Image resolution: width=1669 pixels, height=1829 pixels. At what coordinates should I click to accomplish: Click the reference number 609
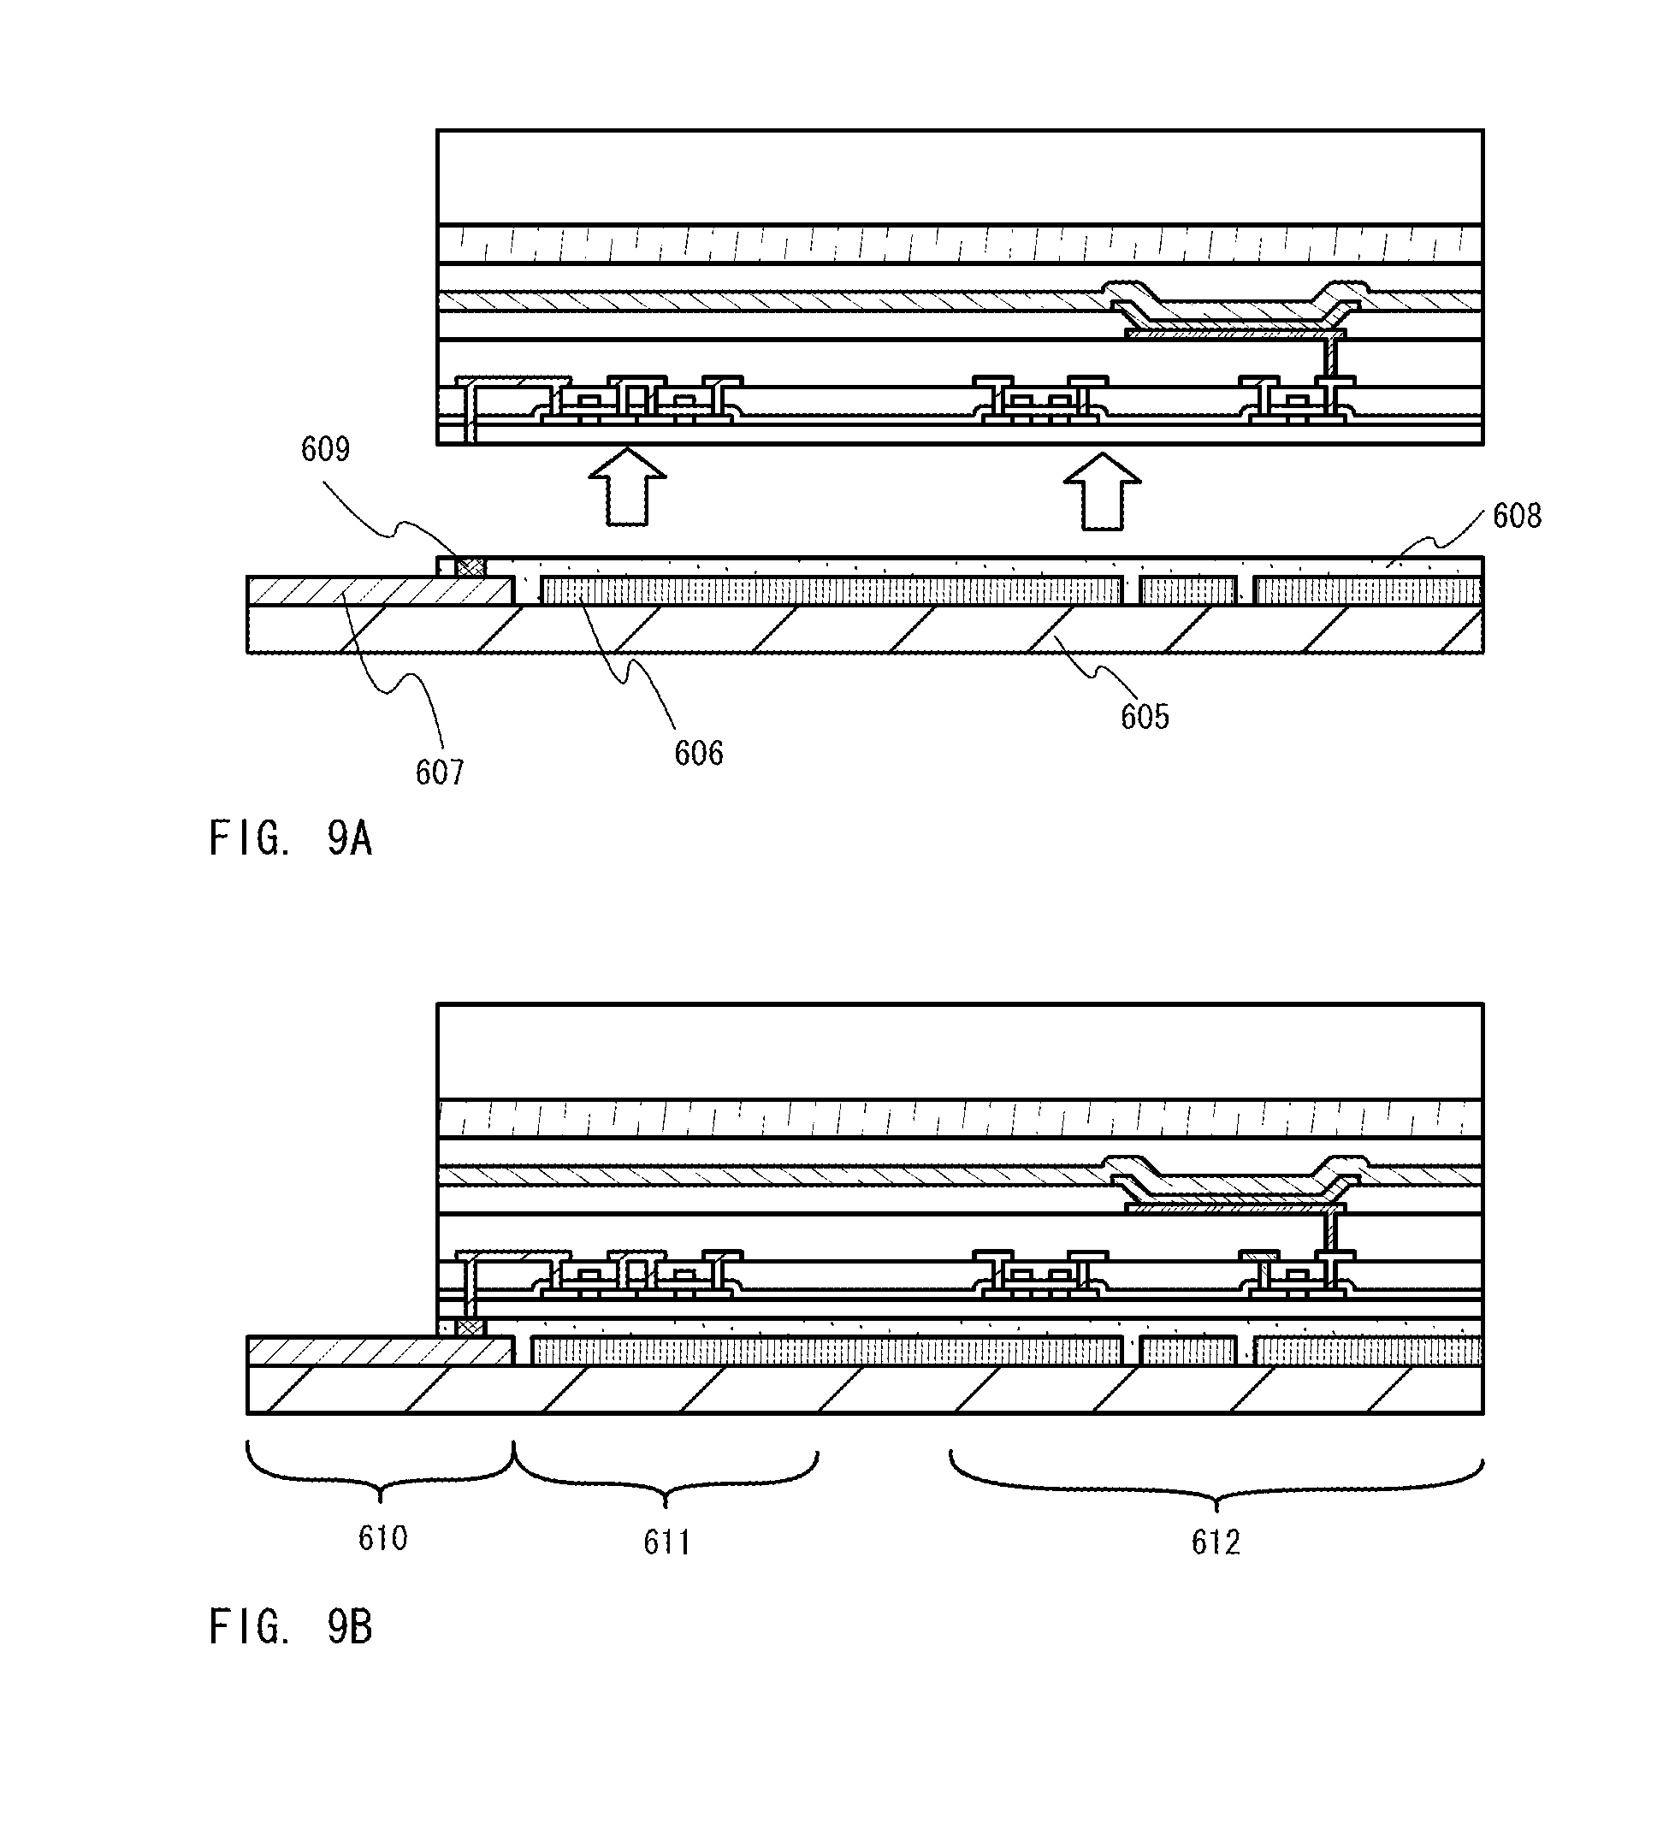coord(325,449)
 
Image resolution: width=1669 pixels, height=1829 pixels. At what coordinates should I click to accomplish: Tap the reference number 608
coord(1517,516)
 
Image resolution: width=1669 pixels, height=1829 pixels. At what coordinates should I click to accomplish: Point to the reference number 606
coord(698,753)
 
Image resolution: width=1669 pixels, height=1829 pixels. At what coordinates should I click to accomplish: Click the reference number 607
coord(440,772)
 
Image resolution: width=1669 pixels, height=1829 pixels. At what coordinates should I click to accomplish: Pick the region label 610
coord(382,1538)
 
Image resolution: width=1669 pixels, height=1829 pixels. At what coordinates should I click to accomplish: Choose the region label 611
coord(666,1542)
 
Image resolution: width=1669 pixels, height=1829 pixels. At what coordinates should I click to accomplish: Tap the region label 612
coord(1216,1542)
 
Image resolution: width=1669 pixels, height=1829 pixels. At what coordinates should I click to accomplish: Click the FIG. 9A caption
coord(290,838)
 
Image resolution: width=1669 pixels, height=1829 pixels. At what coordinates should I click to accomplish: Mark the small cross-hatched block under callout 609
coord(470,568)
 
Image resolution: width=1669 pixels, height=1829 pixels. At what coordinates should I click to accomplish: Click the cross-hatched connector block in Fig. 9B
coord(469,1328)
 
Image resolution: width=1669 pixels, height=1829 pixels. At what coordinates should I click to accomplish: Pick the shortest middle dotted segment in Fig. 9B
coord(1188,1352)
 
